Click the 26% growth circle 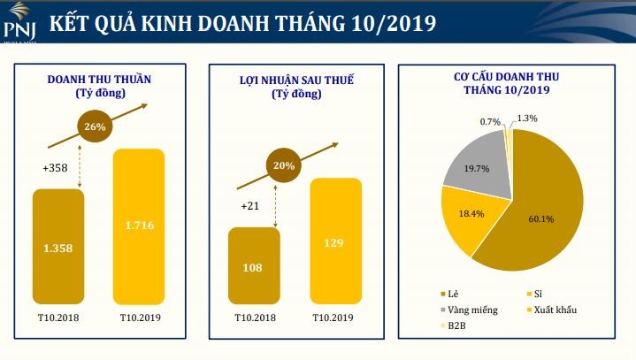[x=96, y=126]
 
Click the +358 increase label [x=56, y=167]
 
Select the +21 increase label [x=250, y=207]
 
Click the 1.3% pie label [x=527, y=118]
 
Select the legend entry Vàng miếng [x=471, y=310]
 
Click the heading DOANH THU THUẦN [x=99, y=79]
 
